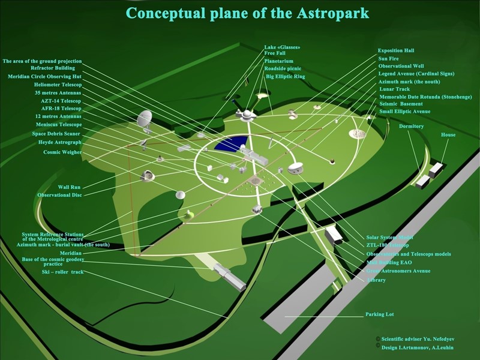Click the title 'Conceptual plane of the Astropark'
(247, 13)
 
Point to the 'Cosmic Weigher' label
(62, 152)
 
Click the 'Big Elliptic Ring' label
(286, 77)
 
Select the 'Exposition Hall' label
(396, 51)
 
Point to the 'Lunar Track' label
(394, 89)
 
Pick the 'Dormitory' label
(411, 127)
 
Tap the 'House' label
(448, 135)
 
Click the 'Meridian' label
(70, 253)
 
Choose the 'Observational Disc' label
(59, 195)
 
